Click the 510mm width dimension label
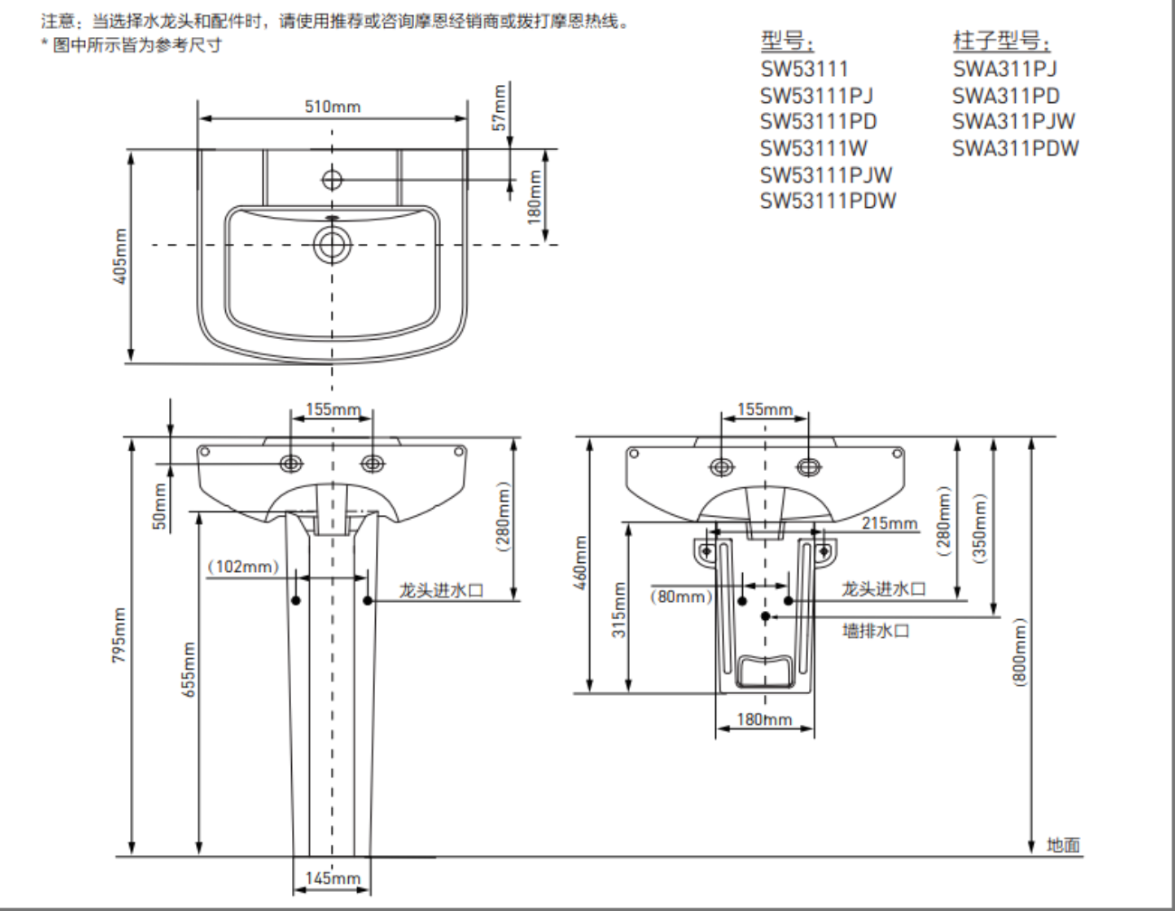[333, 107]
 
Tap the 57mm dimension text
[499, 108]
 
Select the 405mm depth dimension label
[120, 256]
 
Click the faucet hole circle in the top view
[332, 180]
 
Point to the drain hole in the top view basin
[332, 245]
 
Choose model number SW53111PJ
[816, 96]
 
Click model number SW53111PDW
[828, 201]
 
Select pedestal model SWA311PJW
[1013, 122]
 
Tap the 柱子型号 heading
[1002, 41]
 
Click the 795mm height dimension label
[118, 634]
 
